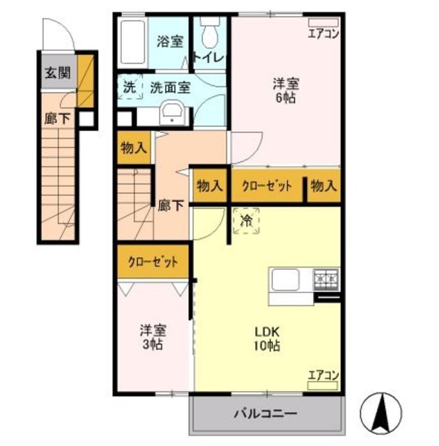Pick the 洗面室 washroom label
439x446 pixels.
click(169, 88)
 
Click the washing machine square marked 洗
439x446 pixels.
click(130, 88)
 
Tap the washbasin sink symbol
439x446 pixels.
click(171, 112)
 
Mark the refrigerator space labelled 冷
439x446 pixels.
click(246, 222)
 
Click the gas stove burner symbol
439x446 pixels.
click(325, 280)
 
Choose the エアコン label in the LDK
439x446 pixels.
click(323, 374)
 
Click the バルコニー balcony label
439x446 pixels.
click(265, 413)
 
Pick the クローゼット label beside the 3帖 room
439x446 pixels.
click(153, 263)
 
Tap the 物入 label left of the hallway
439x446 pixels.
click(134, 148)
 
